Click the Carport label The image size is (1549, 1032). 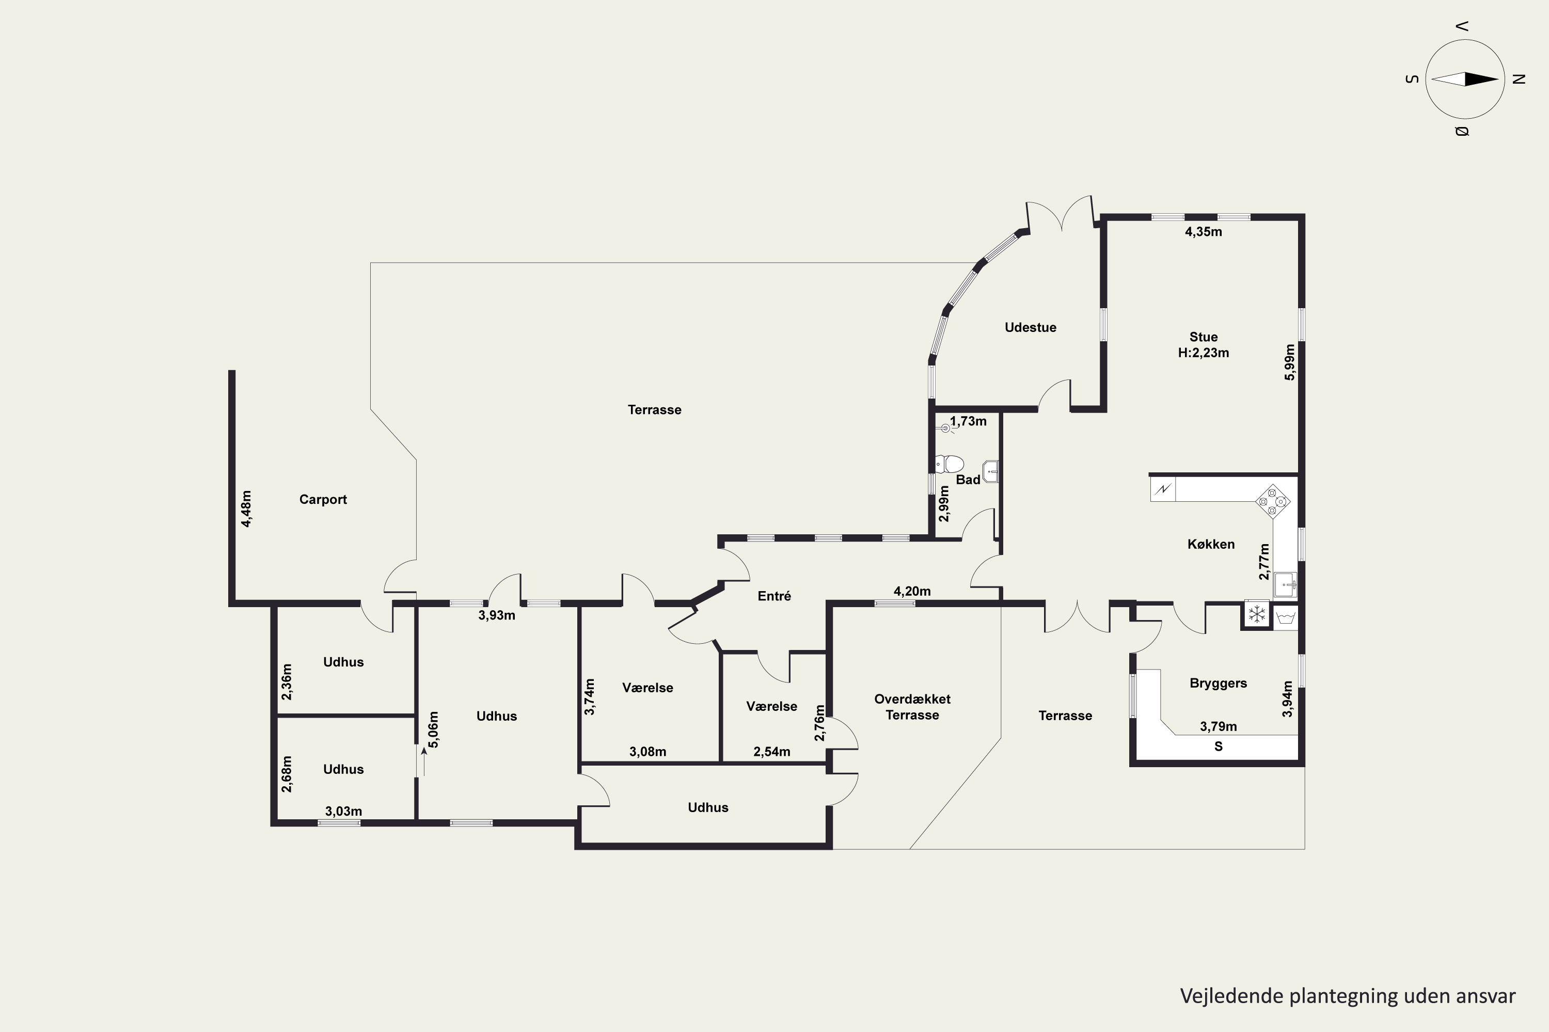coord(323,500)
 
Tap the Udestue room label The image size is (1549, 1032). coord(1030,327)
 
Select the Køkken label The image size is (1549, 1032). coord(1211,544)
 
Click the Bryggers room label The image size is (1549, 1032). coord(1218,683)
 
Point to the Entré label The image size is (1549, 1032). coord(774,596)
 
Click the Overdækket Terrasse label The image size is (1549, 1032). coord(912,707)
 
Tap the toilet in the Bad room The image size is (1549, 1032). coord(950,464)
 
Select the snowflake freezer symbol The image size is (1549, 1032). coord(1257,615)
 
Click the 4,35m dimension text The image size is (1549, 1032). coord(1204,232)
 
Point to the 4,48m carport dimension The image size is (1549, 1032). coord(246,509)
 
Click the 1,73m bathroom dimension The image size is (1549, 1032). coord(968,421)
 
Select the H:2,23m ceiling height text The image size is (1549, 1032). coord(1204,353)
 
